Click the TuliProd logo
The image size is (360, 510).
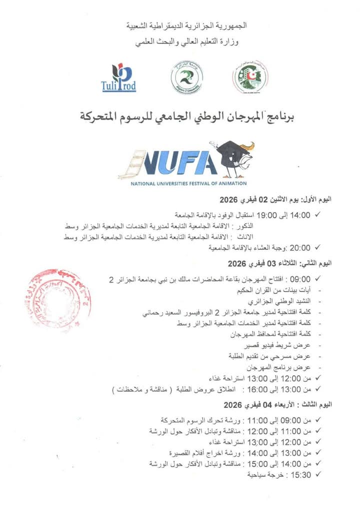118,78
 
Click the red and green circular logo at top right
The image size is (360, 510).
249,76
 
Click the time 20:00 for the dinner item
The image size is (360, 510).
300,247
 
